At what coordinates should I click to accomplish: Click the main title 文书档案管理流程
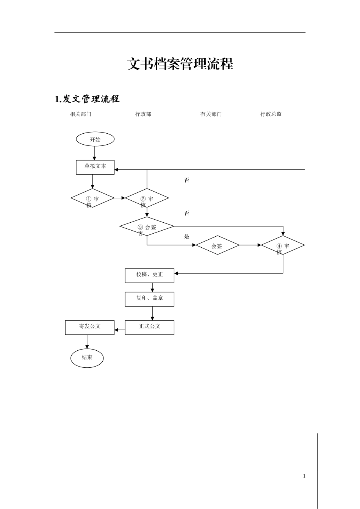point(180,64)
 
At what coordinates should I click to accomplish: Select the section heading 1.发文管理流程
point(87,99)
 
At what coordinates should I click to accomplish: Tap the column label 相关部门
point(80,114)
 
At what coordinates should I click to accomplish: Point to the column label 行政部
point(143,114)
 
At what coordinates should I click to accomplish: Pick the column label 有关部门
point(211,114)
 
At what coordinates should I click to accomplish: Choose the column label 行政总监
point(271,114)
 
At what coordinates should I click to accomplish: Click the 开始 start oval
point(95,139)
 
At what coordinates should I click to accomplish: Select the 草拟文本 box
point(95,167)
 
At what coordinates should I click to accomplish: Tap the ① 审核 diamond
point(92,198)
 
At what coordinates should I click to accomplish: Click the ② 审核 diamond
point(147,198)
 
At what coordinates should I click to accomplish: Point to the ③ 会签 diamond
point(147,226)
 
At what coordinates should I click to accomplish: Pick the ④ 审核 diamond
point(283,245)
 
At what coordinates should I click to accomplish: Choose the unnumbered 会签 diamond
point(217,245)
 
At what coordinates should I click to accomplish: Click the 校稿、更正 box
point(150,275)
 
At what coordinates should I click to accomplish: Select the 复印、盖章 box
point(150,299)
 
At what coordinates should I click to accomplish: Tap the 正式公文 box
point(150,327)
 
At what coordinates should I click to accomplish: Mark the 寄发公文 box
point(90,327)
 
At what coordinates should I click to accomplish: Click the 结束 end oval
point(87,358)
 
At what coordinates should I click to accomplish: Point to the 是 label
point(186,237)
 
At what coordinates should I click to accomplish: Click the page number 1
point(304,476)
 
